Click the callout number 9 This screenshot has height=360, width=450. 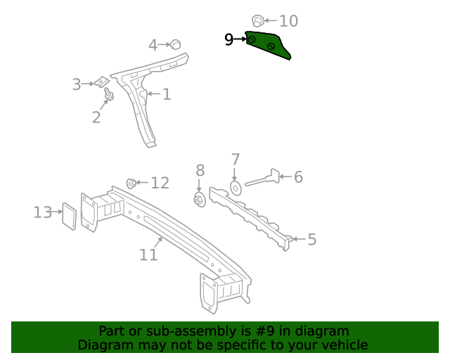(x=229, y=39)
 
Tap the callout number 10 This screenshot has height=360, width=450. (x=288, y=21)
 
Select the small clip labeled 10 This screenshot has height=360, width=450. (x=257, y=20)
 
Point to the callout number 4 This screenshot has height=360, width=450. (x=153, y=46)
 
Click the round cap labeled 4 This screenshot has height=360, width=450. (x=176, y=44)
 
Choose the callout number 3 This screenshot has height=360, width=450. (x=77, y=85)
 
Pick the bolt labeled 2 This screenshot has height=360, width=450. (x=109, y=94)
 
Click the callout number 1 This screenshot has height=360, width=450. (x=167, y=94)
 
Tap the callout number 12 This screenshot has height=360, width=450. (x=160, y=184)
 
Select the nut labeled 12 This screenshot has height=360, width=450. (x=131, y=184)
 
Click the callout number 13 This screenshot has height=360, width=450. (x=43, y=212)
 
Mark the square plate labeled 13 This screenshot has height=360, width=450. (x=69, y=216)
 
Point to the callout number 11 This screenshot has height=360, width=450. (x=148, y=255)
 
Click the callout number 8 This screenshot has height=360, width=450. (x=200, y=170)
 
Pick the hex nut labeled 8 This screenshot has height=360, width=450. (x=199, y=200)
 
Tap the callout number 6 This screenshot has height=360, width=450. (x=298, y=177)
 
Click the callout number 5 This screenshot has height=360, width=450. (x=311, y=240)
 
